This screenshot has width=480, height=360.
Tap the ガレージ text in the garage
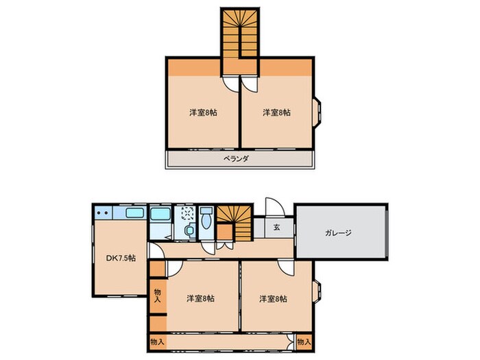(x=337, y=232)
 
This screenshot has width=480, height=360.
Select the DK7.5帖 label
(x=120, y=258)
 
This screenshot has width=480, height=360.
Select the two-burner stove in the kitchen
(x=104, y=214)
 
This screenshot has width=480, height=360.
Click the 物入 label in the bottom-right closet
(x=304, y=341)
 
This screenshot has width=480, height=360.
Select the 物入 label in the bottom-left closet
(x=157, y=341)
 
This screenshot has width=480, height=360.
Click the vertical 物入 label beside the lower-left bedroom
(x=157, y=296)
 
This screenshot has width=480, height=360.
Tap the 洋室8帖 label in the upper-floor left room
(x=202, y=112)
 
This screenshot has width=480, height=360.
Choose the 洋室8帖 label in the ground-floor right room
(x=273, y=298)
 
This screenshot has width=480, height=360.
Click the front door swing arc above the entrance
(x=272, y=208)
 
